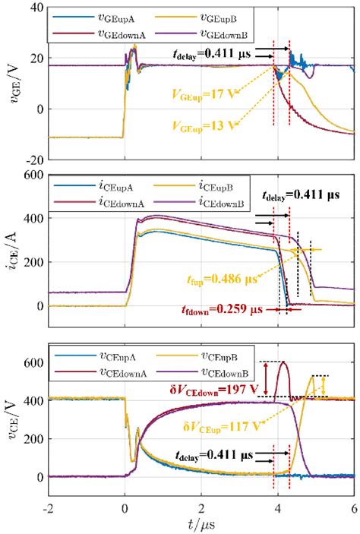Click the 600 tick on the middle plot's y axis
pos(31,174)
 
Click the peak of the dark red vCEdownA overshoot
pos(283,362)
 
